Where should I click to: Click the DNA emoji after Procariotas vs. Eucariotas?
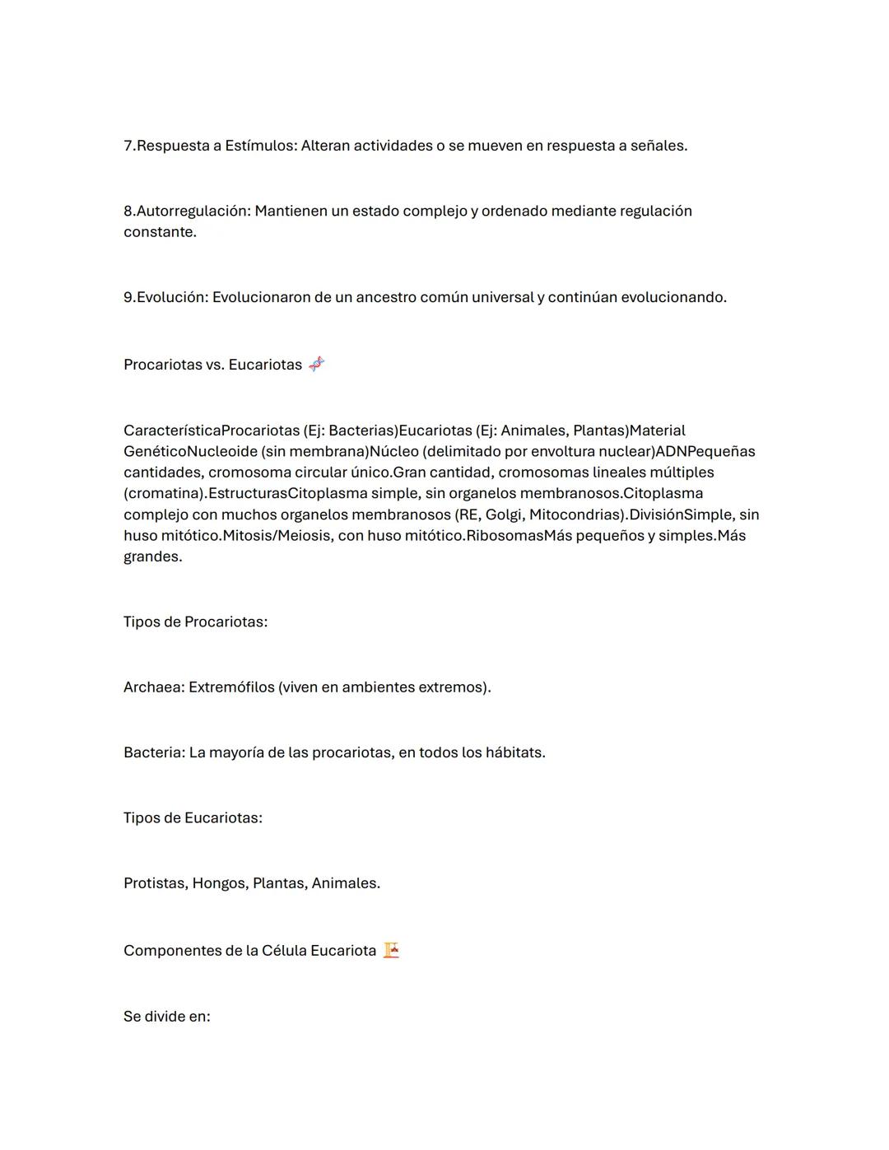click(x=317, y=364)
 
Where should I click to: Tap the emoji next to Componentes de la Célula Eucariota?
click(x=391, y=950)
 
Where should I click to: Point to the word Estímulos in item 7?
click(x=258, y=146)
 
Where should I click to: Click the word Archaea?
click(x=153, y=687)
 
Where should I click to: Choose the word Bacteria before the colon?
click(x=153, y=752)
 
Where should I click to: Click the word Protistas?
click(x=155, y=883)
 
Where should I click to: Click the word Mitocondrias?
click(x=575, y=514)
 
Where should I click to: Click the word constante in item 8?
click(x=159, y=232)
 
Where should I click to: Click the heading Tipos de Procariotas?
click(x=195, y=622)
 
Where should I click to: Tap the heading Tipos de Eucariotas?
click(x=193, y=817)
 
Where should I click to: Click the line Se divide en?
click(x=166, y=1017)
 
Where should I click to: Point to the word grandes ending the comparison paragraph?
click(x=151, y=556)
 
